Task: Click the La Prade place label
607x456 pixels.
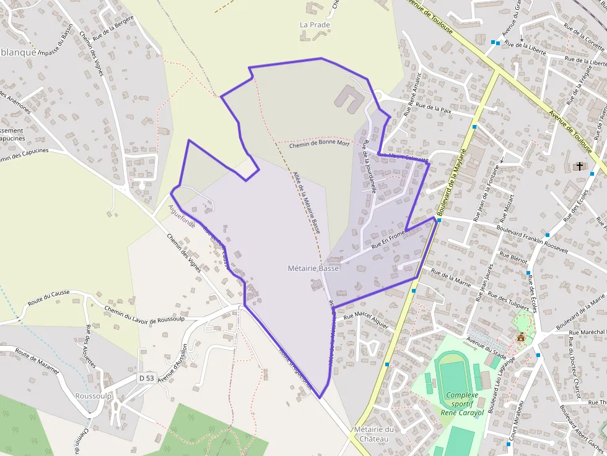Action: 315,25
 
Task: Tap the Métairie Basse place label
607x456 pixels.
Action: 313,269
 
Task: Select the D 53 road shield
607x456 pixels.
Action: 146,377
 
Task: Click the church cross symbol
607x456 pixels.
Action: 580,166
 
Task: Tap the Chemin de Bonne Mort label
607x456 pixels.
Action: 319,144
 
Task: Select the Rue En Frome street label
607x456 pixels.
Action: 388,239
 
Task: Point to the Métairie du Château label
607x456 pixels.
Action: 374,434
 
